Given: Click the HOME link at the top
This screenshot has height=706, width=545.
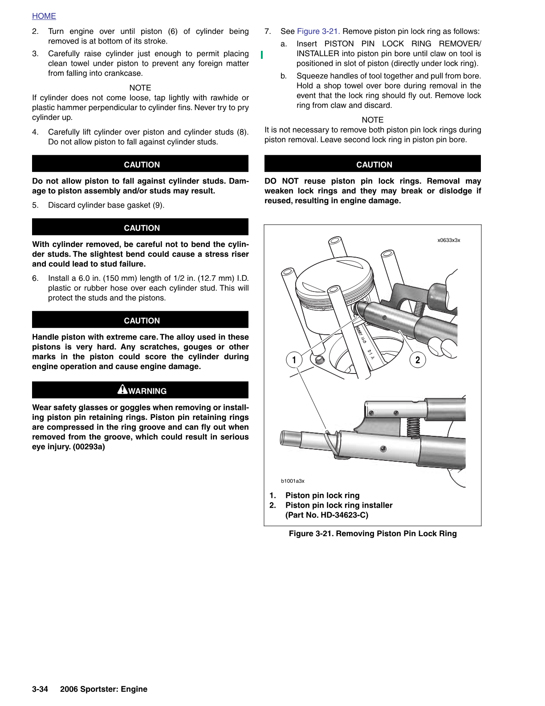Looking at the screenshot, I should tap(44, 16).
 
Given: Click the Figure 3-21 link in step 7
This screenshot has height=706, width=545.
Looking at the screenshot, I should tap(318, 31).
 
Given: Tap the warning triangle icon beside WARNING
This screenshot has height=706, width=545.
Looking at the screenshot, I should tap(122, 390).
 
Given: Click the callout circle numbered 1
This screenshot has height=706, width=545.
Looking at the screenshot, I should tap(294, 360).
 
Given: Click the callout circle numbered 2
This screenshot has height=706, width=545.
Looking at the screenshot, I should tap(417, 360).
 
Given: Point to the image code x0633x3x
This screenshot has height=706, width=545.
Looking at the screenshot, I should tap(448, 240).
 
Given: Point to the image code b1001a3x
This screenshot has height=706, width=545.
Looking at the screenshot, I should tap(293, 481).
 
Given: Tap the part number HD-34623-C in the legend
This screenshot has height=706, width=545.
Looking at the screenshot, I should tap(344, 515).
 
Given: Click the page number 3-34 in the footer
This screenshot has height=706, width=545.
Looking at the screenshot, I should tap(40, 689).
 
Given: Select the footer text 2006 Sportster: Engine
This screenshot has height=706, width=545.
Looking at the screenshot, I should tap(104, 689).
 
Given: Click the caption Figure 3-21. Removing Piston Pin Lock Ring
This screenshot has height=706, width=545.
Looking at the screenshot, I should tap(373, 534).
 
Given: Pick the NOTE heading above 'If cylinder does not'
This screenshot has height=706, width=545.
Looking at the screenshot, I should tap(140, 88).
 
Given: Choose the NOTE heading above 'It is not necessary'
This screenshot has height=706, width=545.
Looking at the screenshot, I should tap(373, 120).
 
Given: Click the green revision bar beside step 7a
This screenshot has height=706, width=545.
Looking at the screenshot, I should tap(262, 54).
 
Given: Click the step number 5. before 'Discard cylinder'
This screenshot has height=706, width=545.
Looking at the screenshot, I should tap(35, 205).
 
